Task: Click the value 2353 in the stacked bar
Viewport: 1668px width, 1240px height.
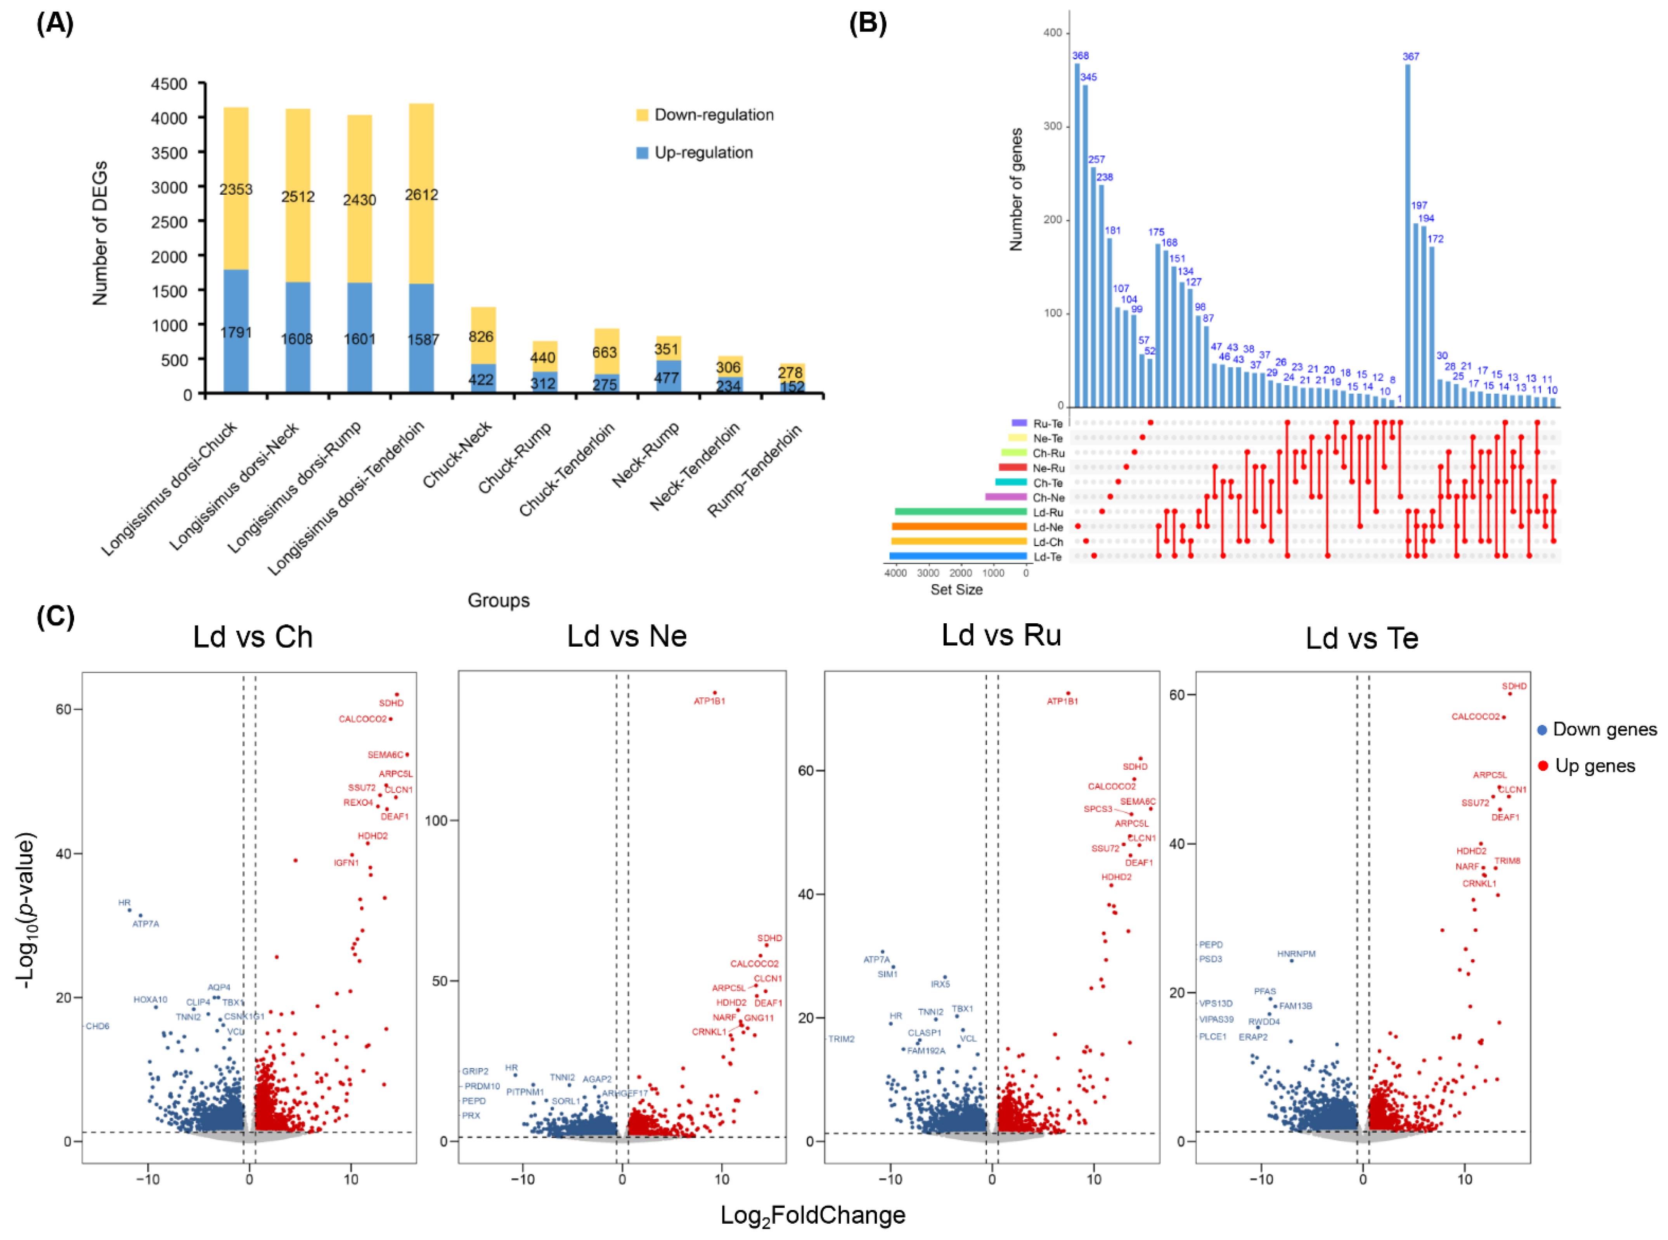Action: tap(236, 189)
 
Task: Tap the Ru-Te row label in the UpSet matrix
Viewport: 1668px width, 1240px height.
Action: tap(1047, 423)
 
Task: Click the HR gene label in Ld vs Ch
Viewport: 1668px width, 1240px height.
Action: tap(125, 902)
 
